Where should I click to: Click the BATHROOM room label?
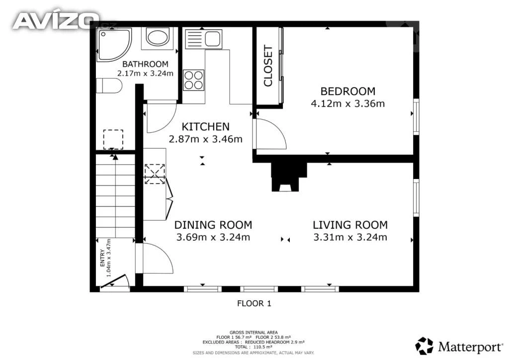click(145, 64)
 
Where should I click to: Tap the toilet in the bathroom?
click(109, 86)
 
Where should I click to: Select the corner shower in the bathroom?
click(114, 44)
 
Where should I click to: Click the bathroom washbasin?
click(157, 37)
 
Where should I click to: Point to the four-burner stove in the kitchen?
click(194, 80)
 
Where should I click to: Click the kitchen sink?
click(203, 39)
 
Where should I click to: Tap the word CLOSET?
click(268, 66)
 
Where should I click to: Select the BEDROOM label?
click(347, 91)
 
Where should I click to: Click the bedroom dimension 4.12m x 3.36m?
click(347, 103)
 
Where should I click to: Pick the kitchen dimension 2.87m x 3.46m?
click(205, 139)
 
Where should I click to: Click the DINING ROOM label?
click(213, 225)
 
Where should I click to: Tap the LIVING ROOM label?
click(350, 225)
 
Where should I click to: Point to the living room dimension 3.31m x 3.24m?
click(350, 237)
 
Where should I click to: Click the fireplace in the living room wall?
click(289, 177)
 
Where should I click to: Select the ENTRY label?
click(102, 258)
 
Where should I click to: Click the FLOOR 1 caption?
click(254, 303)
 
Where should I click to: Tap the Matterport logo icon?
click(424, 346)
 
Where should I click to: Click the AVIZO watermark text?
click(56, 20)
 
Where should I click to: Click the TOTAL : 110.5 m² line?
click(254, 347)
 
